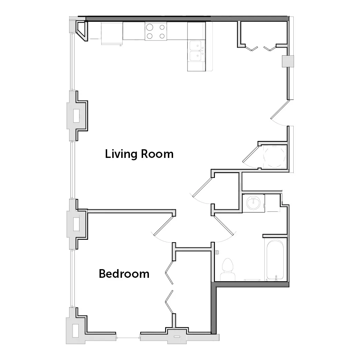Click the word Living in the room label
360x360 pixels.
pos(121,154)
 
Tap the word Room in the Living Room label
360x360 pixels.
pos(157,154)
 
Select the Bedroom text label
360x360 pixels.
pos(124,274)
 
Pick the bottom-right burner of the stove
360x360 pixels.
pos(162,36)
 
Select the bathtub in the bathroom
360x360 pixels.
pos(275,260)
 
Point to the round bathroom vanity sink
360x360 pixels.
pos(253,203)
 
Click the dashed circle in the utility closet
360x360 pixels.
pos(274,157)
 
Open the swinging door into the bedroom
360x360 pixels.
pos(163,226)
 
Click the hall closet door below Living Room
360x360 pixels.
pos(202,187)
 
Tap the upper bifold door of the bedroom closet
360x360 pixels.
pos(169,273)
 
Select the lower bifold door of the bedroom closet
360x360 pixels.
pos(169,302)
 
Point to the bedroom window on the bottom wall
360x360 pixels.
pos(128,338)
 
